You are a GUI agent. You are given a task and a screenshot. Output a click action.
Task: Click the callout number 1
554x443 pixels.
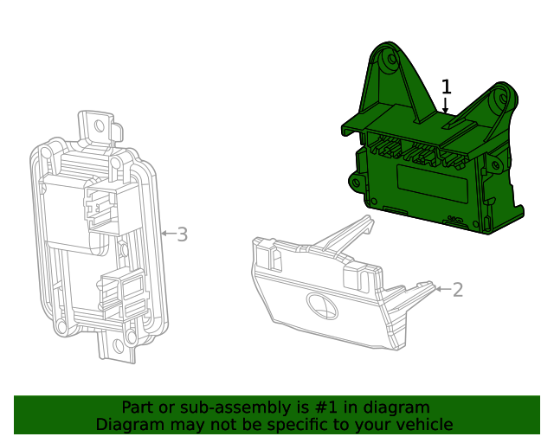pos(447,87)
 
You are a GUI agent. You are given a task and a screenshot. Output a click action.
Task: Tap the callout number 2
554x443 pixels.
pos(458,290)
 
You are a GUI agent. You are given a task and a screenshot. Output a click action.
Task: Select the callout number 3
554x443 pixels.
pos(182,234)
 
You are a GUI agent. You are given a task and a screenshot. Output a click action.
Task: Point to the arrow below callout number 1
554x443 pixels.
pos(446,106)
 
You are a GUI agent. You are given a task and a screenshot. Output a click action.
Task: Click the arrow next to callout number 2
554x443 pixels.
pos(441,288)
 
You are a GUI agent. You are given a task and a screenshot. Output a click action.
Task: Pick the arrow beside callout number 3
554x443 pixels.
pos(167,234)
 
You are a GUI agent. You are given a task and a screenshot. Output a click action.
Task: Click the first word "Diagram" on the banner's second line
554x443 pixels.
pos(129,424)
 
